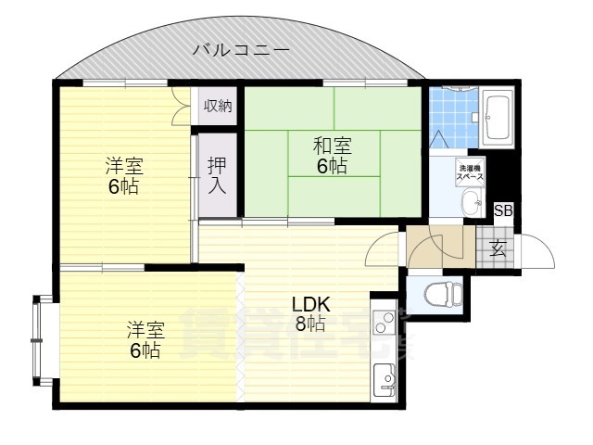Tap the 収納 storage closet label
coord(219,106)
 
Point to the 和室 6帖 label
coord(332,155)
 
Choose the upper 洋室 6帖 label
coord(122,176)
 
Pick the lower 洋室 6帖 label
coord(145,340)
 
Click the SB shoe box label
coord(502,210)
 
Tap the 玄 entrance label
coord(498,248)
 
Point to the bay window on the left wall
coord(39,340)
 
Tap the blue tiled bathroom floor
coord(451,116)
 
